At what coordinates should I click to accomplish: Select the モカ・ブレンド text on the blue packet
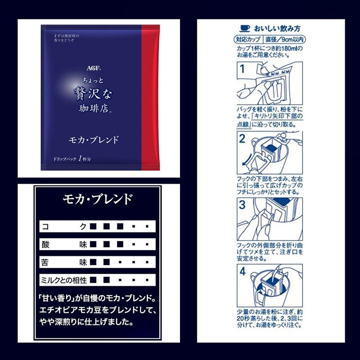pos(92,140)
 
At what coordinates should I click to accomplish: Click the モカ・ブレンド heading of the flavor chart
pos(98,199)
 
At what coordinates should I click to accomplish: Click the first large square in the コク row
pos(93,226)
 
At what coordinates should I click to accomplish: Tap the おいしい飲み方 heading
pos(274,28)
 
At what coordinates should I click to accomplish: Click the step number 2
pos(242,139)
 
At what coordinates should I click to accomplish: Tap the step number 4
pos(242,272)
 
